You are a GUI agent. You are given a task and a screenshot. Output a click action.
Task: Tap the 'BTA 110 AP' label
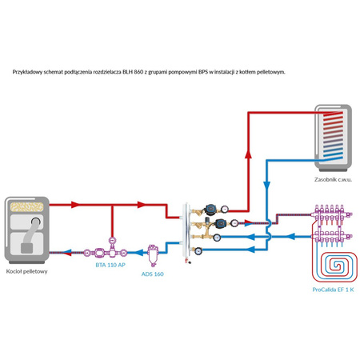tap(109, 263)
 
